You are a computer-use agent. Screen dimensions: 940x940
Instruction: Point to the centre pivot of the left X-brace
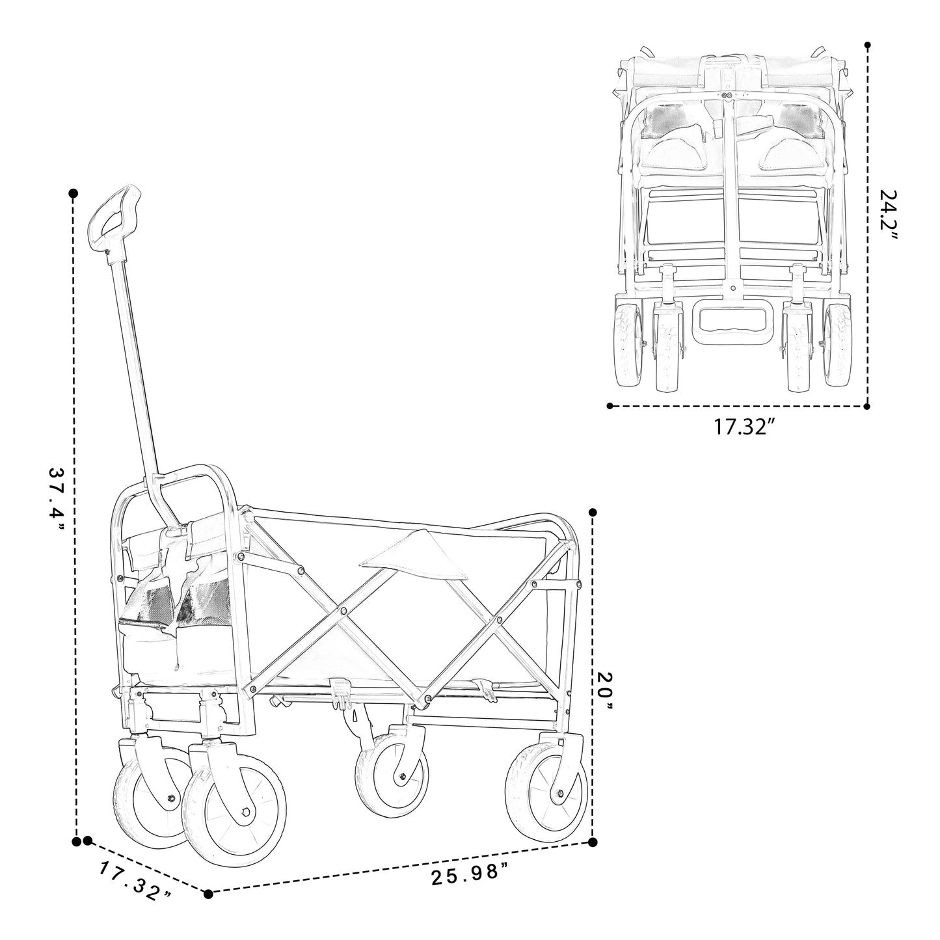pyautogui.click(x=342, y=611)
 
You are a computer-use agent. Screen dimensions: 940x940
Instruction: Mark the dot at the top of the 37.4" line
pyautogui.click(x=74, y=193)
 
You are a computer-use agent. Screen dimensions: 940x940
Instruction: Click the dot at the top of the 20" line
pyautogui.click(x=593, y=512)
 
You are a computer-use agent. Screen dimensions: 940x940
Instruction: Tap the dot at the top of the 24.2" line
pyautogui.click(x=867, y=46)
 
